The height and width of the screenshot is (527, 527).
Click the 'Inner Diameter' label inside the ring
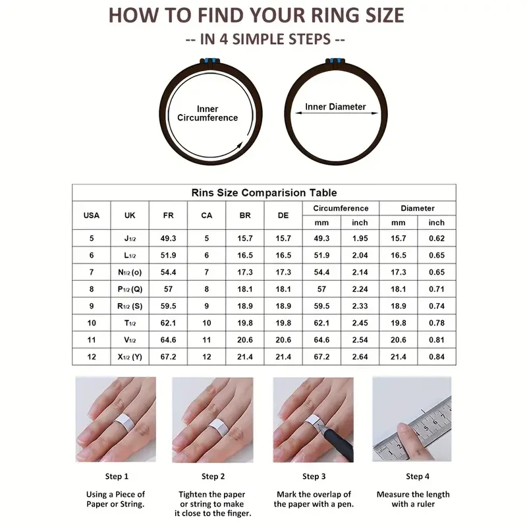tap(335, 107)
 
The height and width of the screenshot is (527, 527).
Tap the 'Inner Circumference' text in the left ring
tap(208, 113)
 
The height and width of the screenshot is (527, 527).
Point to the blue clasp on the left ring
tap(210, 61)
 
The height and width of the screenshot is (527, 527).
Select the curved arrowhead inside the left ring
tap(239, 146)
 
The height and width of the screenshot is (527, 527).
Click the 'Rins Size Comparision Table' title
tap(264, 192)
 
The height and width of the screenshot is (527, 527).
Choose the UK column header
tap(130, 215)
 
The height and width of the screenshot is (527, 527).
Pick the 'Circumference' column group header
tap(341, 208)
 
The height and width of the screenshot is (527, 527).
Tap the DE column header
tap(283, 215)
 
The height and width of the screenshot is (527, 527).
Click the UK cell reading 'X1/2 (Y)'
tap(130, 356)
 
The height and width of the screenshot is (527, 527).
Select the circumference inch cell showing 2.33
tap(360, 306)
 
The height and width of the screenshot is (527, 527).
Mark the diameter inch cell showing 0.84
tap(437, 356)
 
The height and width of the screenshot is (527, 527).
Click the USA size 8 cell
tap(92, 289)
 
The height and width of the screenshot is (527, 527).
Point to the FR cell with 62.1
tap(168, 323)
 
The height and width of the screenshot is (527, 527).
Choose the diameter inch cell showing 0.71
tap(437, 289)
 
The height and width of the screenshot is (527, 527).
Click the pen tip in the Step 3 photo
tap(319, 426)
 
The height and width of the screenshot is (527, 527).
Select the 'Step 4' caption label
tap(418, 476)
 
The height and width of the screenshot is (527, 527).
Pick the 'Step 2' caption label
tap(213, 476)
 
